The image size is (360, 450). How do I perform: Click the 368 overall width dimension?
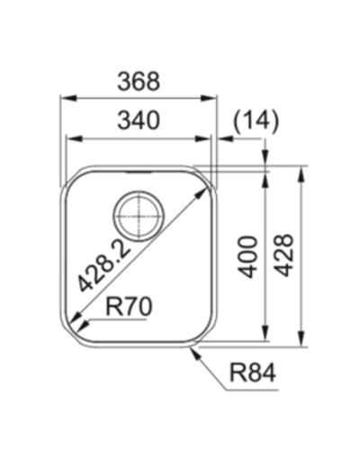click(x=139, y=81)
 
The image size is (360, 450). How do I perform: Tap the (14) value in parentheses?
click(x=256, y=120)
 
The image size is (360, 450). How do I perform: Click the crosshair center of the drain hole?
click(x=139, y=215)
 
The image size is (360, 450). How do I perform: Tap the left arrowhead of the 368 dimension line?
click(x=66, y=97)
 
